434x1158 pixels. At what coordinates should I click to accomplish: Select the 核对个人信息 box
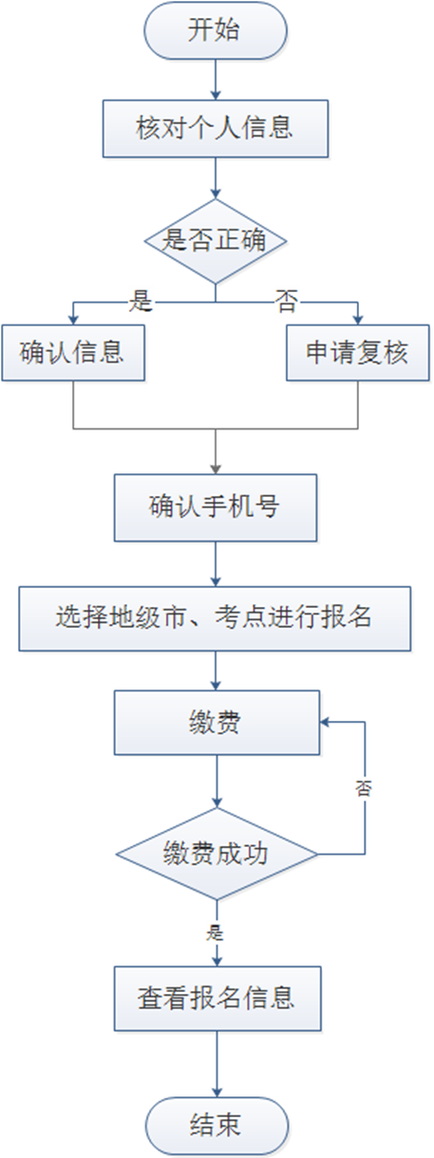coord(215,128)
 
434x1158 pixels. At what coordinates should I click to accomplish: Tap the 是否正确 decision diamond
coord(216,241)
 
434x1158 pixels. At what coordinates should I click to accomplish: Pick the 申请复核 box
coord(357,353)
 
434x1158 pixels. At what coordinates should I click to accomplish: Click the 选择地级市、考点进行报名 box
coord(215,617)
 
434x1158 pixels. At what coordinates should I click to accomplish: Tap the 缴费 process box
coord(215,723)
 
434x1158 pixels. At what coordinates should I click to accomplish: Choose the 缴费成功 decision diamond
coord(216,853)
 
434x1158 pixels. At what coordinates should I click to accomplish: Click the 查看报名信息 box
coord(215,999)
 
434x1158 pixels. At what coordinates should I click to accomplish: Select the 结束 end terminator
coord(215,1125)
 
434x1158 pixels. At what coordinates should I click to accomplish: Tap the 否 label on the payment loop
coord(364,788)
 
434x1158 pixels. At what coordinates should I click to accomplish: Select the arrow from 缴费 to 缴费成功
coord(216,781)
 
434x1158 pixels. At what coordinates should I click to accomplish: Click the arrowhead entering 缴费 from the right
coord(325,722)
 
